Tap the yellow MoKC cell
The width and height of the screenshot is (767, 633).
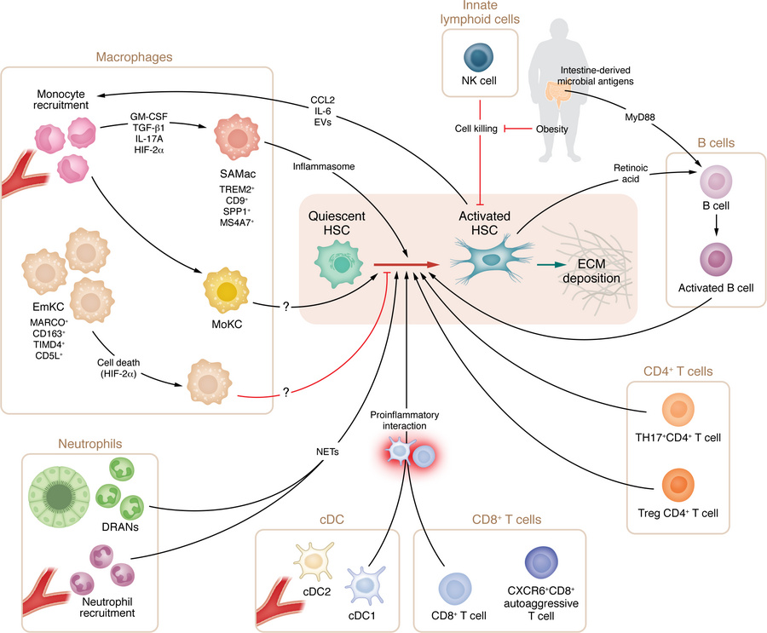pyautogui.click(x=228, y=291)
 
